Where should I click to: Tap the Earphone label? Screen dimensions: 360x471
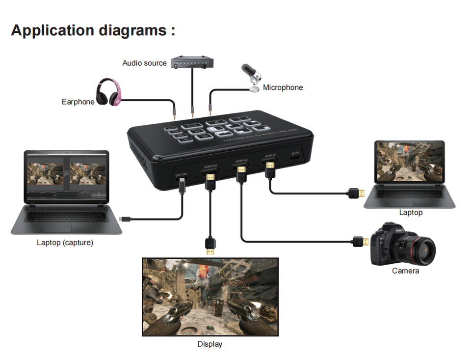coord(78,102)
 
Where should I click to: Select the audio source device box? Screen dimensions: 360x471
coord(193,63)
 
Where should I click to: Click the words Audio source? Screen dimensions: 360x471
coord(144,63)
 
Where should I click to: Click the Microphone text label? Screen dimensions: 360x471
coord(283,88)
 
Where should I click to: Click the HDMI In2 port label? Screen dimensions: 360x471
coord(240,161)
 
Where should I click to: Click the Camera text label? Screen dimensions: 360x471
coord(405,271)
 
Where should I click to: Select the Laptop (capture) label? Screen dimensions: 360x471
coord(65,243)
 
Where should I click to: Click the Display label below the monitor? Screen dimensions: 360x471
coord(209,344)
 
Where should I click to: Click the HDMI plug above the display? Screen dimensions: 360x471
coord(210,246)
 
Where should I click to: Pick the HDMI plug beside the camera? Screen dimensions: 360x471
coord(360,242)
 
